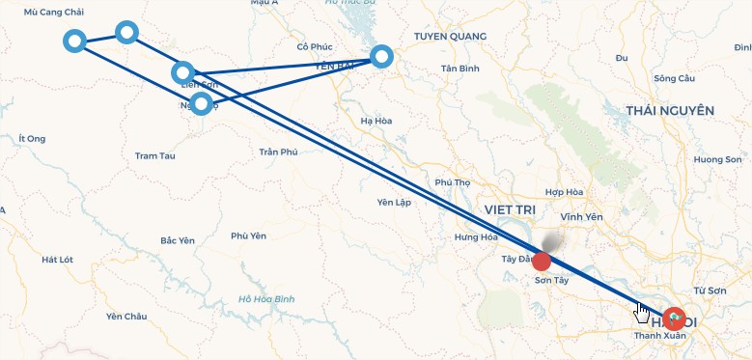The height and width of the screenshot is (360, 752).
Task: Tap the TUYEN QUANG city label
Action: pos(450,37)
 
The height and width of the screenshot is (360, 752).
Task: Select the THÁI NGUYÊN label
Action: pos(669,111)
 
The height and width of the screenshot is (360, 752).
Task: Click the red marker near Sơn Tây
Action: pos(542,262)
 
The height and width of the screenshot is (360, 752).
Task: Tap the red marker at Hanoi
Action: pos(675,318)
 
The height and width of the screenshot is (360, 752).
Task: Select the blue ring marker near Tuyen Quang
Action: pos(382,56)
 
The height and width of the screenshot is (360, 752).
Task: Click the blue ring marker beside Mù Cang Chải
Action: pos(74,41)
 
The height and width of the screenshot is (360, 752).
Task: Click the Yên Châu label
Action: pos(126,317)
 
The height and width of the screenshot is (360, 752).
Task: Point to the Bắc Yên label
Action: pos(180,240)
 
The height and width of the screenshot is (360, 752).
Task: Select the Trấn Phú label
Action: pos(279,152)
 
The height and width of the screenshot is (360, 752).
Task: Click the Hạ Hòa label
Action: pos(375,121)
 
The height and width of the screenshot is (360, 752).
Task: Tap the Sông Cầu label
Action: pos(674,78)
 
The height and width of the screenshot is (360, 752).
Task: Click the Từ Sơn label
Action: pos(710,290)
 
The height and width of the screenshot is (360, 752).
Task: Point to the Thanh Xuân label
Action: pos(658,336)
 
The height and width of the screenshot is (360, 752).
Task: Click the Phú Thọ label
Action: pos(452,182)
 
